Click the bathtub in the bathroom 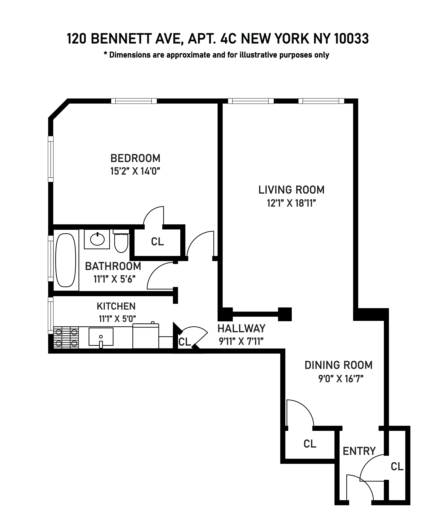coord(66,260)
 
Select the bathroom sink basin coord(97,239)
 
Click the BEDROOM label coord(135,158)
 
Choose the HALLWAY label coord(241,329)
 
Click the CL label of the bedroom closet coord(157,242)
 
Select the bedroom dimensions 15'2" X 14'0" coord(135,172)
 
